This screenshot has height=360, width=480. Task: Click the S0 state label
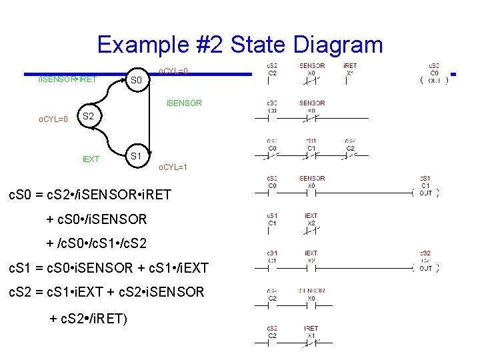click(136, 81)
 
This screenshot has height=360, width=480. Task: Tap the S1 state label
click(136, 157)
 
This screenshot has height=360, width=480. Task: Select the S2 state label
click(88, 116)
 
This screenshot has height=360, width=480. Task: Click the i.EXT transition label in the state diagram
click(91, 159)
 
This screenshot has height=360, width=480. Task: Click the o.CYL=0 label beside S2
click(53, 120)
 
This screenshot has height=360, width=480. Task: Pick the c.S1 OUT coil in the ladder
click(425, 193)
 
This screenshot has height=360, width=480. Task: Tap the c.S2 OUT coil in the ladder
click(425, 267)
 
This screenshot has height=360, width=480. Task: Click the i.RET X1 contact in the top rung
click(349, 80)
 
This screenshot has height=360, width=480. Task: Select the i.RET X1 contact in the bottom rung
click(311, 342)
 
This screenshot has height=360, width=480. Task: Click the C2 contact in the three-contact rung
click(350, 155)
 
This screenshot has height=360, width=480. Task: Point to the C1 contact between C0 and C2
click(311, 155)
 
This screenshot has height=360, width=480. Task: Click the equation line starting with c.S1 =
click(107, 268)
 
